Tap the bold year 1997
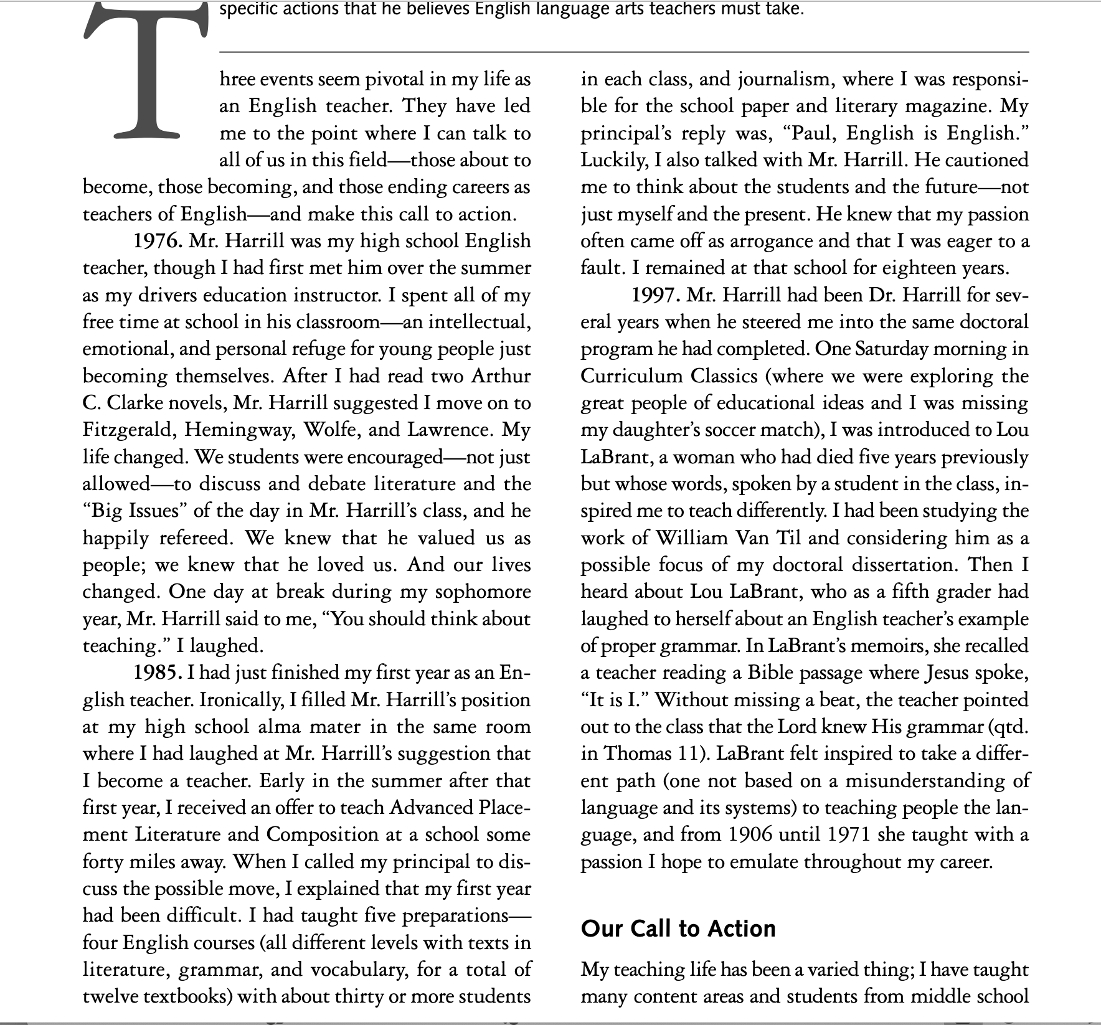(x=656, y=295)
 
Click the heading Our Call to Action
(x=678, y=928)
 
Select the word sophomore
(x=483, y=592)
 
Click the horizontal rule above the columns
(x=623, y=52)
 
